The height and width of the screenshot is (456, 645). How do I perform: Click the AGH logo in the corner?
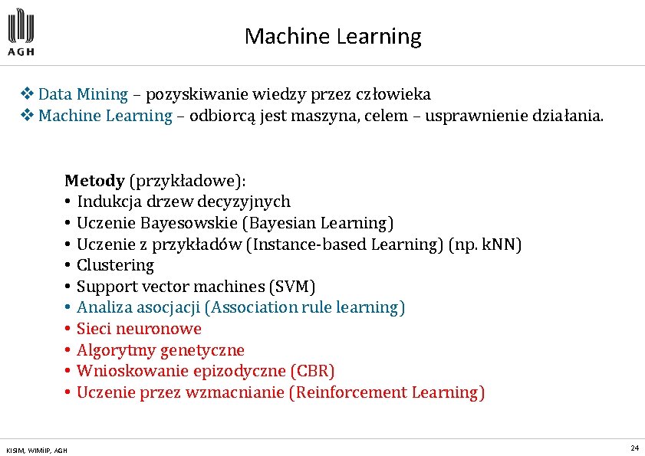click(x=21, y=32)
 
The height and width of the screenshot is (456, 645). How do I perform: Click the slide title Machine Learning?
click(x=333, y=36)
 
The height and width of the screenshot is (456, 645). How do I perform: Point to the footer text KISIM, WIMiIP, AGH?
click(x=36, y=449)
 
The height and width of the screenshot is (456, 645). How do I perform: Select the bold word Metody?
click(x=94, y=181)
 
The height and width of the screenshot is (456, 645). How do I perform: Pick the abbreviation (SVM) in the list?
click(x=291, y=287)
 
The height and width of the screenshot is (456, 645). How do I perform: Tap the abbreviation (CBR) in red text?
click(x=312, y=371)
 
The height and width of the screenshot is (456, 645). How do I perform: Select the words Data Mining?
click(x=83, y=94)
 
